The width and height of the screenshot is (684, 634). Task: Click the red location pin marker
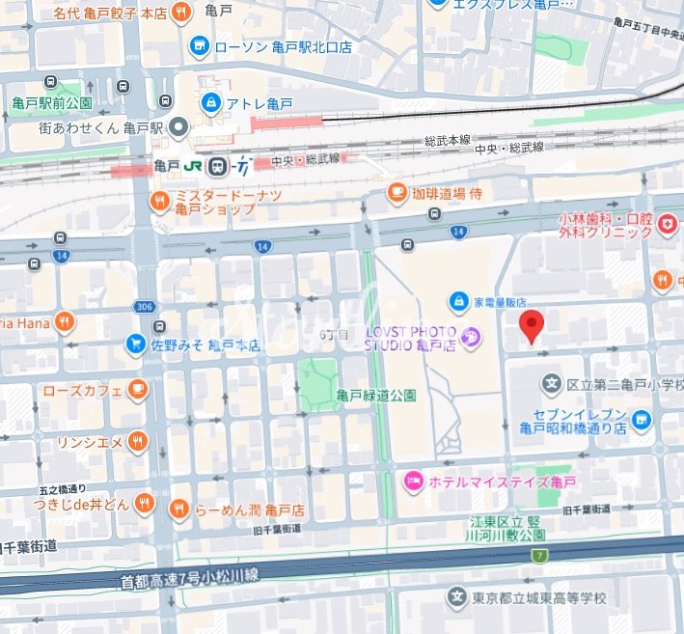click(x=532, y=326)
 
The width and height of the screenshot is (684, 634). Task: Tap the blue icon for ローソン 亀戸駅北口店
click(x=200, y=45)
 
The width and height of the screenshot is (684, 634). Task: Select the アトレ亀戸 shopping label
click(x=260, y=103)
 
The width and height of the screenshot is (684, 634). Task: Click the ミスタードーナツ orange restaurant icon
click(x=159, y=201)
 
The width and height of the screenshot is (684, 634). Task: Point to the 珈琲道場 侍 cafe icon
click(x=397, y=193)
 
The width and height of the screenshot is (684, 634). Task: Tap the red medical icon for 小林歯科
click(x=667, y=225)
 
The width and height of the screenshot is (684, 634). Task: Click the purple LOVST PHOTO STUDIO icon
click(x=472, y=337)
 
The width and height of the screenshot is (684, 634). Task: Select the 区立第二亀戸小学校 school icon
click(x=552, y=385)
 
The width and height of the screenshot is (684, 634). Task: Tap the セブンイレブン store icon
click(x=643, y=420)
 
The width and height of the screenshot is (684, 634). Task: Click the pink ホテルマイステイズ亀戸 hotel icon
click(x=413, y=480)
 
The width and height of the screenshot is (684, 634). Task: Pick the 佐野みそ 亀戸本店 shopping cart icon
click(x=137, y=344)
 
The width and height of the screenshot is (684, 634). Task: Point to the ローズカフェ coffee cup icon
click(x=138, y=390)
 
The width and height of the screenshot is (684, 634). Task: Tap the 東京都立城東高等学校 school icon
click(x=457, y=597)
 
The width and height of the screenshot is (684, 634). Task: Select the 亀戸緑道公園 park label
click(x=376, y=395)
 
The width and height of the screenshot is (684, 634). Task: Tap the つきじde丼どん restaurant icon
click(x=145, y=502)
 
